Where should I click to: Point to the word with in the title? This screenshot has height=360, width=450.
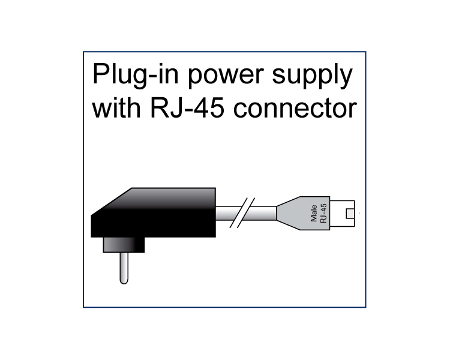(117, 109)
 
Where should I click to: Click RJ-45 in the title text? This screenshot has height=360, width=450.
(179, 109)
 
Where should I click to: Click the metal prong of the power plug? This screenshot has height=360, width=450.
(123, 267)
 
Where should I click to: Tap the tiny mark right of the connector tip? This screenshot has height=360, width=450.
(359, 213)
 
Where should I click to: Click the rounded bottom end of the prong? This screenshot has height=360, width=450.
(123, 280)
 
